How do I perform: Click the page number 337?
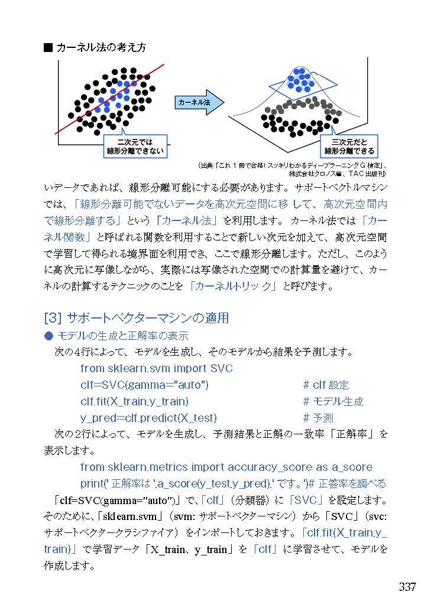[x=407, y=587]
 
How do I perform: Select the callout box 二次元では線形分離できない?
[x=134, y=146]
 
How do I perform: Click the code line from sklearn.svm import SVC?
[x=157, y=368]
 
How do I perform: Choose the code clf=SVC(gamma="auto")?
[x=144, y=385]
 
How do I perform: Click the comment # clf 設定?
[x=326, y=385]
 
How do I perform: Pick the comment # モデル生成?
[x=333, y=401]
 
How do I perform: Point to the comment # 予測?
[x=317, y=418]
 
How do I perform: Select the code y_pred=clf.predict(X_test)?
[x=148, y=418]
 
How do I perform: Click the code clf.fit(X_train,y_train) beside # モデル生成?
[x=134, y=401]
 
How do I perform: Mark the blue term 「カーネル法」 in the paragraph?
[x=191, y=221]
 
